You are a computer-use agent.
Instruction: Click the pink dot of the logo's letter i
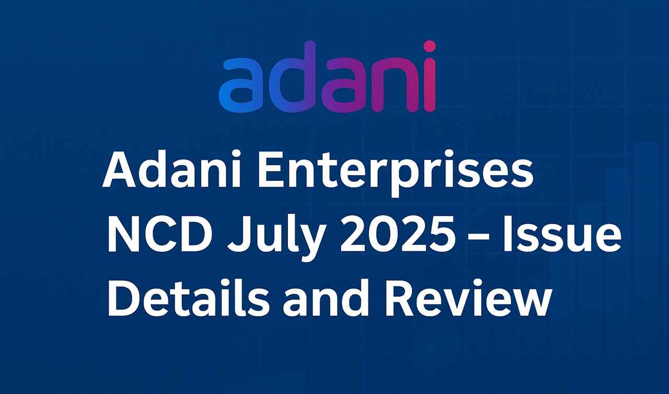click(x=429, y=47)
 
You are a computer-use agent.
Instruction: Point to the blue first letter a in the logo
click(x=241, y=85)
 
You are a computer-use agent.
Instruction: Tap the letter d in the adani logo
click(x=292, y=77)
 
